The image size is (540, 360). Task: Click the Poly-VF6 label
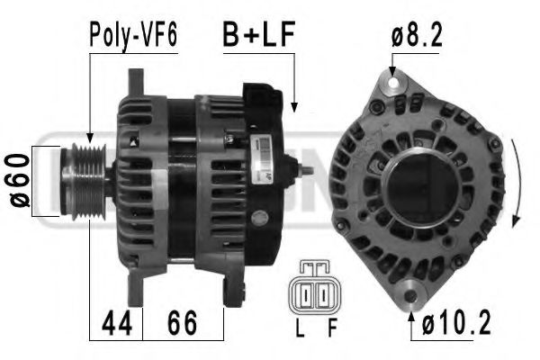tap(132, 35)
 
